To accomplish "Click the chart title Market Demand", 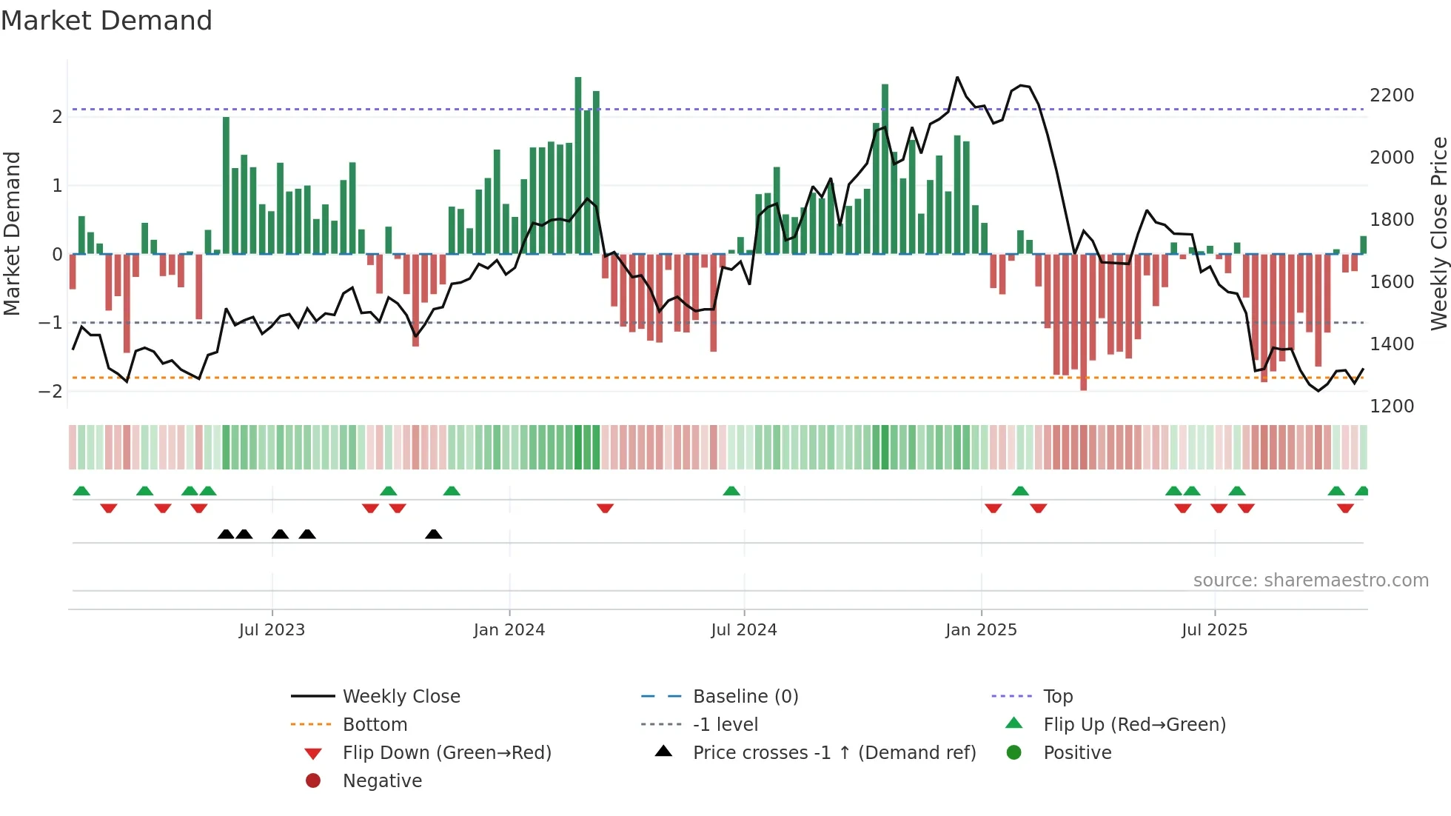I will pos(107,21).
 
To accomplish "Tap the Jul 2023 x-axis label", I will pos(272,630).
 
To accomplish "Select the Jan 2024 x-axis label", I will pos(509,630).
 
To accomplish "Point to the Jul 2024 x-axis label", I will pos(744,630).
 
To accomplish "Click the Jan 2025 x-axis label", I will pos(981,630).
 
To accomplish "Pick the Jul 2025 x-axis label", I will pos(1214,630).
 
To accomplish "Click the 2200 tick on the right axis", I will pos(1392,96).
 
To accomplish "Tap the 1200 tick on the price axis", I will pos(1392,407).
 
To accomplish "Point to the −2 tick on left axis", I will pos(50,392).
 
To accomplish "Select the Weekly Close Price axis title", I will pos(1438,233).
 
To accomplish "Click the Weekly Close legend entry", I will pos(401,697).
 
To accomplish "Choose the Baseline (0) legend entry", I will pos(745,697).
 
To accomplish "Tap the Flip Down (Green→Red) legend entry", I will pos(446,753).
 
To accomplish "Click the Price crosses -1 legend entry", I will pos(834,753).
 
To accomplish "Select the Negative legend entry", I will pos(382,781).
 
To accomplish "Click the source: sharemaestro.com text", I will pos(1310,581).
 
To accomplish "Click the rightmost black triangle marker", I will pos(434,534).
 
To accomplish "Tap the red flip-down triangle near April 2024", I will pos(605,508).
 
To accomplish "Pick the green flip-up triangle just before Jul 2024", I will pos(731,491).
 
